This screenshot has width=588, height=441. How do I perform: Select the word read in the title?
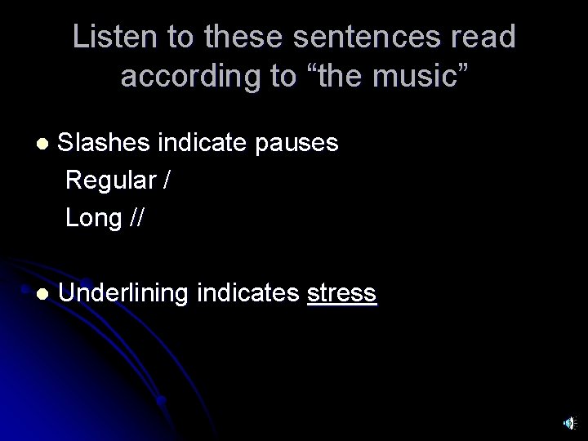click(485, 37)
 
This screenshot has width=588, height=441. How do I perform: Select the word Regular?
click(110, 180)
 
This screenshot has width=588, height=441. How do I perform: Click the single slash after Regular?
click(167, 180)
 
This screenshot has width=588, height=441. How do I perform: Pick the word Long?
click(91, 218)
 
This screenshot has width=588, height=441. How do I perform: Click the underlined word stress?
click(342, 293)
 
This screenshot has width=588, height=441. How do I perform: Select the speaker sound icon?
click(568, 422)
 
